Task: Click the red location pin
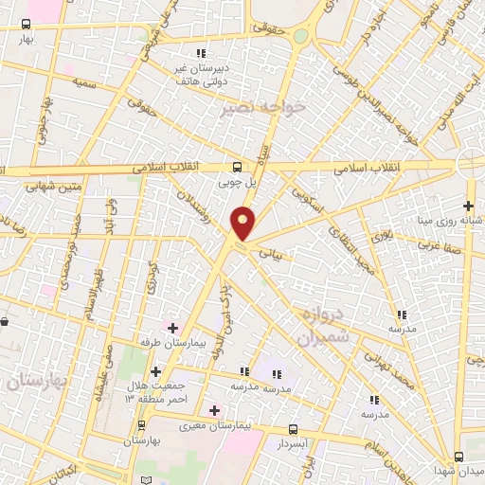tap(243, 225)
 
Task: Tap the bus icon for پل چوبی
tap(238, 161)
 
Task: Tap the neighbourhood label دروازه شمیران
tap(321, 327)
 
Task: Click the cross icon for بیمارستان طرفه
tap(171, 328)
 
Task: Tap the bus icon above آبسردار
tap(292, 429)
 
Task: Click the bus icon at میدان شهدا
tap(458, 457)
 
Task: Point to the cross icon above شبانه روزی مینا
tap(468, 206)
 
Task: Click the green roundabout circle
tap(300, 36)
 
